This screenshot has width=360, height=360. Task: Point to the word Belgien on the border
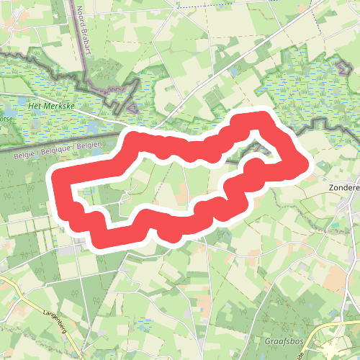(89, 145)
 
